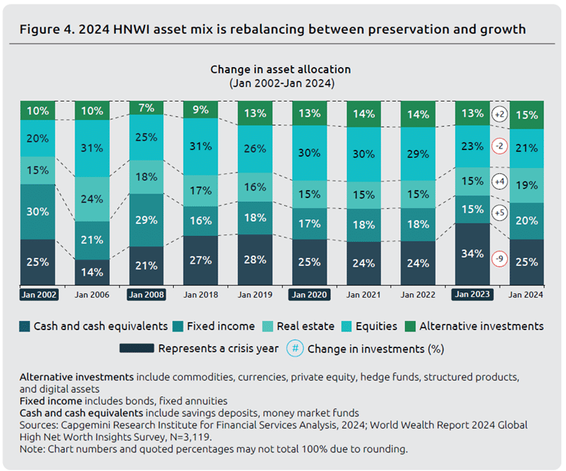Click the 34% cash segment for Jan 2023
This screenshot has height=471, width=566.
pyautogui.click(x=472, y=254)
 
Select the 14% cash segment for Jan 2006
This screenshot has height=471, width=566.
pyautogui.click(x=92, y=272)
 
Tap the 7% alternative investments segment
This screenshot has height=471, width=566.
pyautogui.click(x=146, y=108)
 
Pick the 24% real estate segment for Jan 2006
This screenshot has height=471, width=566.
pyautogui.click(x=92, y=199)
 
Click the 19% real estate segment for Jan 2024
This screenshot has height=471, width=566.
pyautogui.click(x=526, y=185)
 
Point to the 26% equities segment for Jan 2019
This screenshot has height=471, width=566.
pyautogui.click(x=255, y=149)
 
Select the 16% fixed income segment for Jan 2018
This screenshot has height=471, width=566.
pyautogui.click(x=201, y=221)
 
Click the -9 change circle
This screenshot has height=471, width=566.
pyautogui.click(x=500, y=258)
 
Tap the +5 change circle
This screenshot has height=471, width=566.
pyautogui.click(x=500, y=213)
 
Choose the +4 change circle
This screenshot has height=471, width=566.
pyautogui.click(x=500, y=182)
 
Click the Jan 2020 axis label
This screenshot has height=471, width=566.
pyautogui.click(x=309, y=295)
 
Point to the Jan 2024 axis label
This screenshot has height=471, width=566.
pyautogui.click(x=525, y=295)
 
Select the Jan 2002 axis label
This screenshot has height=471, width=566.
pyautogui.click(x=38, y=295)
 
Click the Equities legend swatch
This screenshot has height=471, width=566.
pyautogui.click(x=346, y=326)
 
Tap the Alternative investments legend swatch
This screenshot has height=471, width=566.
pyautogui.click(x=410, y=326)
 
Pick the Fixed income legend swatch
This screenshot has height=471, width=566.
pyautogui.click(x=178, y=326)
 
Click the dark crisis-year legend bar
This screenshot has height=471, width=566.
pyautogui.click(x=137, y=348)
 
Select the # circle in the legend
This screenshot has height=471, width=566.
pyautogui.click(x=295, y=348)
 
